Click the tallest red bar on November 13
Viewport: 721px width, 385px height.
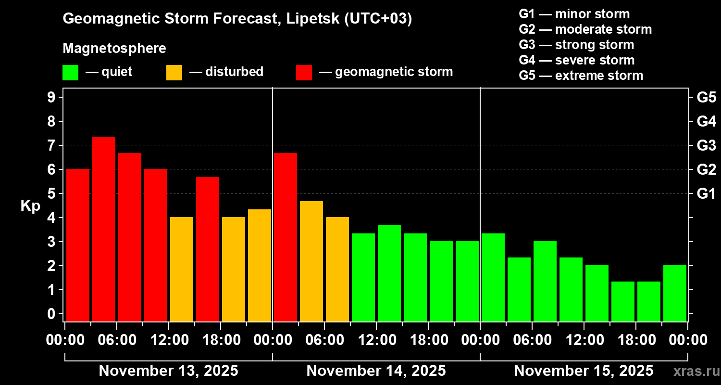[104, 229]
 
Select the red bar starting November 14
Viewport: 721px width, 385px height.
[286, 237]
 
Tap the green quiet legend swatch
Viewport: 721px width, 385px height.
[70, 73]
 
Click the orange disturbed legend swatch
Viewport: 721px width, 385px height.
[174, 73]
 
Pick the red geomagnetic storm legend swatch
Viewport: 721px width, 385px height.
[304, 73]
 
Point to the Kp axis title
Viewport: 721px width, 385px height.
[30, 205]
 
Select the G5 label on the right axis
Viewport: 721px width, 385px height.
[706, 98]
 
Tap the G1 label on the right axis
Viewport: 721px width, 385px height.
[706, 194]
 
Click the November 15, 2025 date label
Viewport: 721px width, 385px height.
[584, 371]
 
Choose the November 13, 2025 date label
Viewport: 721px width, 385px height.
[168, 371]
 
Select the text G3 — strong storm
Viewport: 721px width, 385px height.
[576, 45]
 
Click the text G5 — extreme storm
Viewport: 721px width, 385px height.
[581, 76]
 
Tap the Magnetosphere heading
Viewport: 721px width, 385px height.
[114, 49]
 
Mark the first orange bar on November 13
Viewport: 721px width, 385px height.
[182, 269]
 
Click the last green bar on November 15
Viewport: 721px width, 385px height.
[675, 293]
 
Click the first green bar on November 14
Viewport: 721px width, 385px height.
[363, 277]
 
